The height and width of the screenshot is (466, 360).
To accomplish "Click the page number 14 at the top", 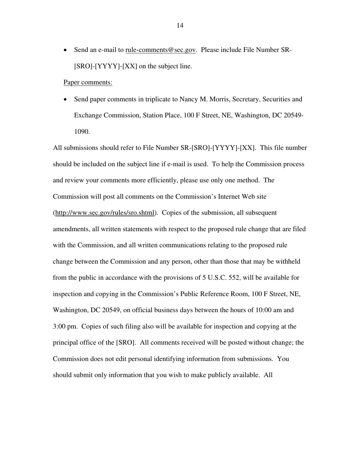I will pyautogui.click(x=180, y=25).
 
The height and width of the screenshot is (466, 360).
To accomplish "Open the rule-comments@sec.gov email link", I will pyautogui.click(x=160, y=50).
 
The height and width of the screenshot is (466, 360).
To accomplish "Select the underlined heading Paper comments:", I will pyautogui.click(x=88, y=83).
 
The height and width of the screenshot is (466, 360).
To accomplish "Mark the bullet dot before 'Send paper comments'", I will pyautogui.click(x=66, y=100).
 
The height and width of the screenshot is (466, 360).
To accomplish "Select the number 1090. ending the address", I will pyautogui.click(x=82, y=132).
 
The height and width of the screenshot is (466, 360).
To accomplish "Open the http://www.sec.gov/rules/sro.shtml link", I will pyautogui.click(x=105, y=213).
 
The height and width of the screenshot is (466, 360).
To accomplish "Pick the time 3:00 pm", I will pyautogui.click(x=65, y=327).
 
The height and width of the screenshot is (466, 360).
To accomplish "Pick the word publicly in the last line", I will pyautogui.click(x=216, y=375).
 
